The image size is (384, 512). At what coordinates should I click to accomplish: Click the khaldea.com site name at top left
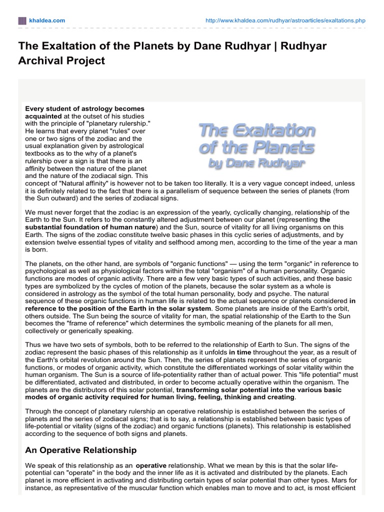point(46,20)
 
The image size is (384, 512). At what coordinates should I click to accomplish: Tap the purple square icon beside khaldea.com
point(21,20)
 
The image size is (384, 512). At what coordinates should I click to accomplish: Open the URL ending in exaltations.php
point(285,20)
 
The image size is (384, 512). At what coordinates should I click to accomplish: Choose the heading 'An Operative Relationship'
point(80,450)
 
